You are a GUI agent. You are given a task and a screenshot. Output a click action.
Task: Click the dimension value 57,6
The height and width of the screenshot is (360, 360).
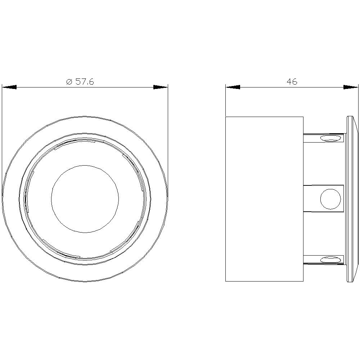(x=85, y=82)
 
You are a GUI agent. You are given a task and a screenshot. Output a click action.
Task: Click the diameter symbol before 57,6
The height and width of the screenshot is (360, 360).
(x=69, y=82)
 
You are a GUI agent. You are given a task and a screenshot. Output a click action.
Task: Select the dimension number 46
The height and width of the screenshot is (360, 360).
(x=292, y=82)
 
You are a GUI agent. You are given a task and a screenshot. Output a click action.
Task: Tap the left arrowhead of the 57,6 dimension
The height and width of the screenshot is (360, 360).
(x=9, y=87)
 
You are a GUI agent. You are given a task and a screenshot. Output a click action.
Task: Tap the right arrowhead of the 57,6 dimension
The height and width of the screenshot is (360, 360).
(x=160, y=87)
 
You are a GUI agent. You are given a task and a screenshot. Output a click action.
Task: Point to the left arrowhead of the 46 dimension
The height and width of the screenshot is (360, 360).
(x=233, y=87)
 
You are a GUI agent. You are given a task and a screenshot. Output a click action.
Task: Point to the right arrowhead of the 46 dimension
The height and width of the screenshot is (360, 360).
(x=351, y=87)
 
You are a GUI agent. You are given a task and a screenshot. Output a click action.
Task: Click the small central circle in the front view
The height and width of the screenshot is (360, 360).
(x=85, y=198)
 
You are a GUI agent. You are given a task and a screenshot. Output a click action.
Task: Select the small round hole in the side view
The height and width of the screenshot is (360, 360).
(x=330, y=199)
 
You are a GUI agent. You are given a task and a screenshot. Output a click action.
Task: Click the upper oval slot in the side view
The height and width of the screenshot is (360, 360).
(x=330, y=138)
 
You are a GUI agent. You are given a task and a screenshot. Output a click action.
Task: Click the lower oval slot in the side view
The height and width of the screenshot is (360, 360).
(x=330, y=259)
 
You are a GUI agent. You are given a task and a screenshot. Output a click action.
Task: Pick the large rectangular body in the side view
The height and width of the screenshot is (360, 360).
(x=264, y=199)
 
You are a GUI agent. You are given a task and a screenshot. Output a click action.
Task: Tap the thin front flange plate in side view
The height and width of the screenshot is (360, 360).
(x=349, y=199)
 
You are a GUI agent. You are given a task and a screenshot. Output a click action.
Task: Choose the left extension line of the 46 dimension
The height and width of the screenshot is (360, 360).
(x=225, y=103)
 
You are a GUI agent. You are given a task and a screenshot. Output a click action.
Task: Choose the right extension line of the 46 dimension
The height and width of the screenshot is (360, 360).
(x=358, y=103)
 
